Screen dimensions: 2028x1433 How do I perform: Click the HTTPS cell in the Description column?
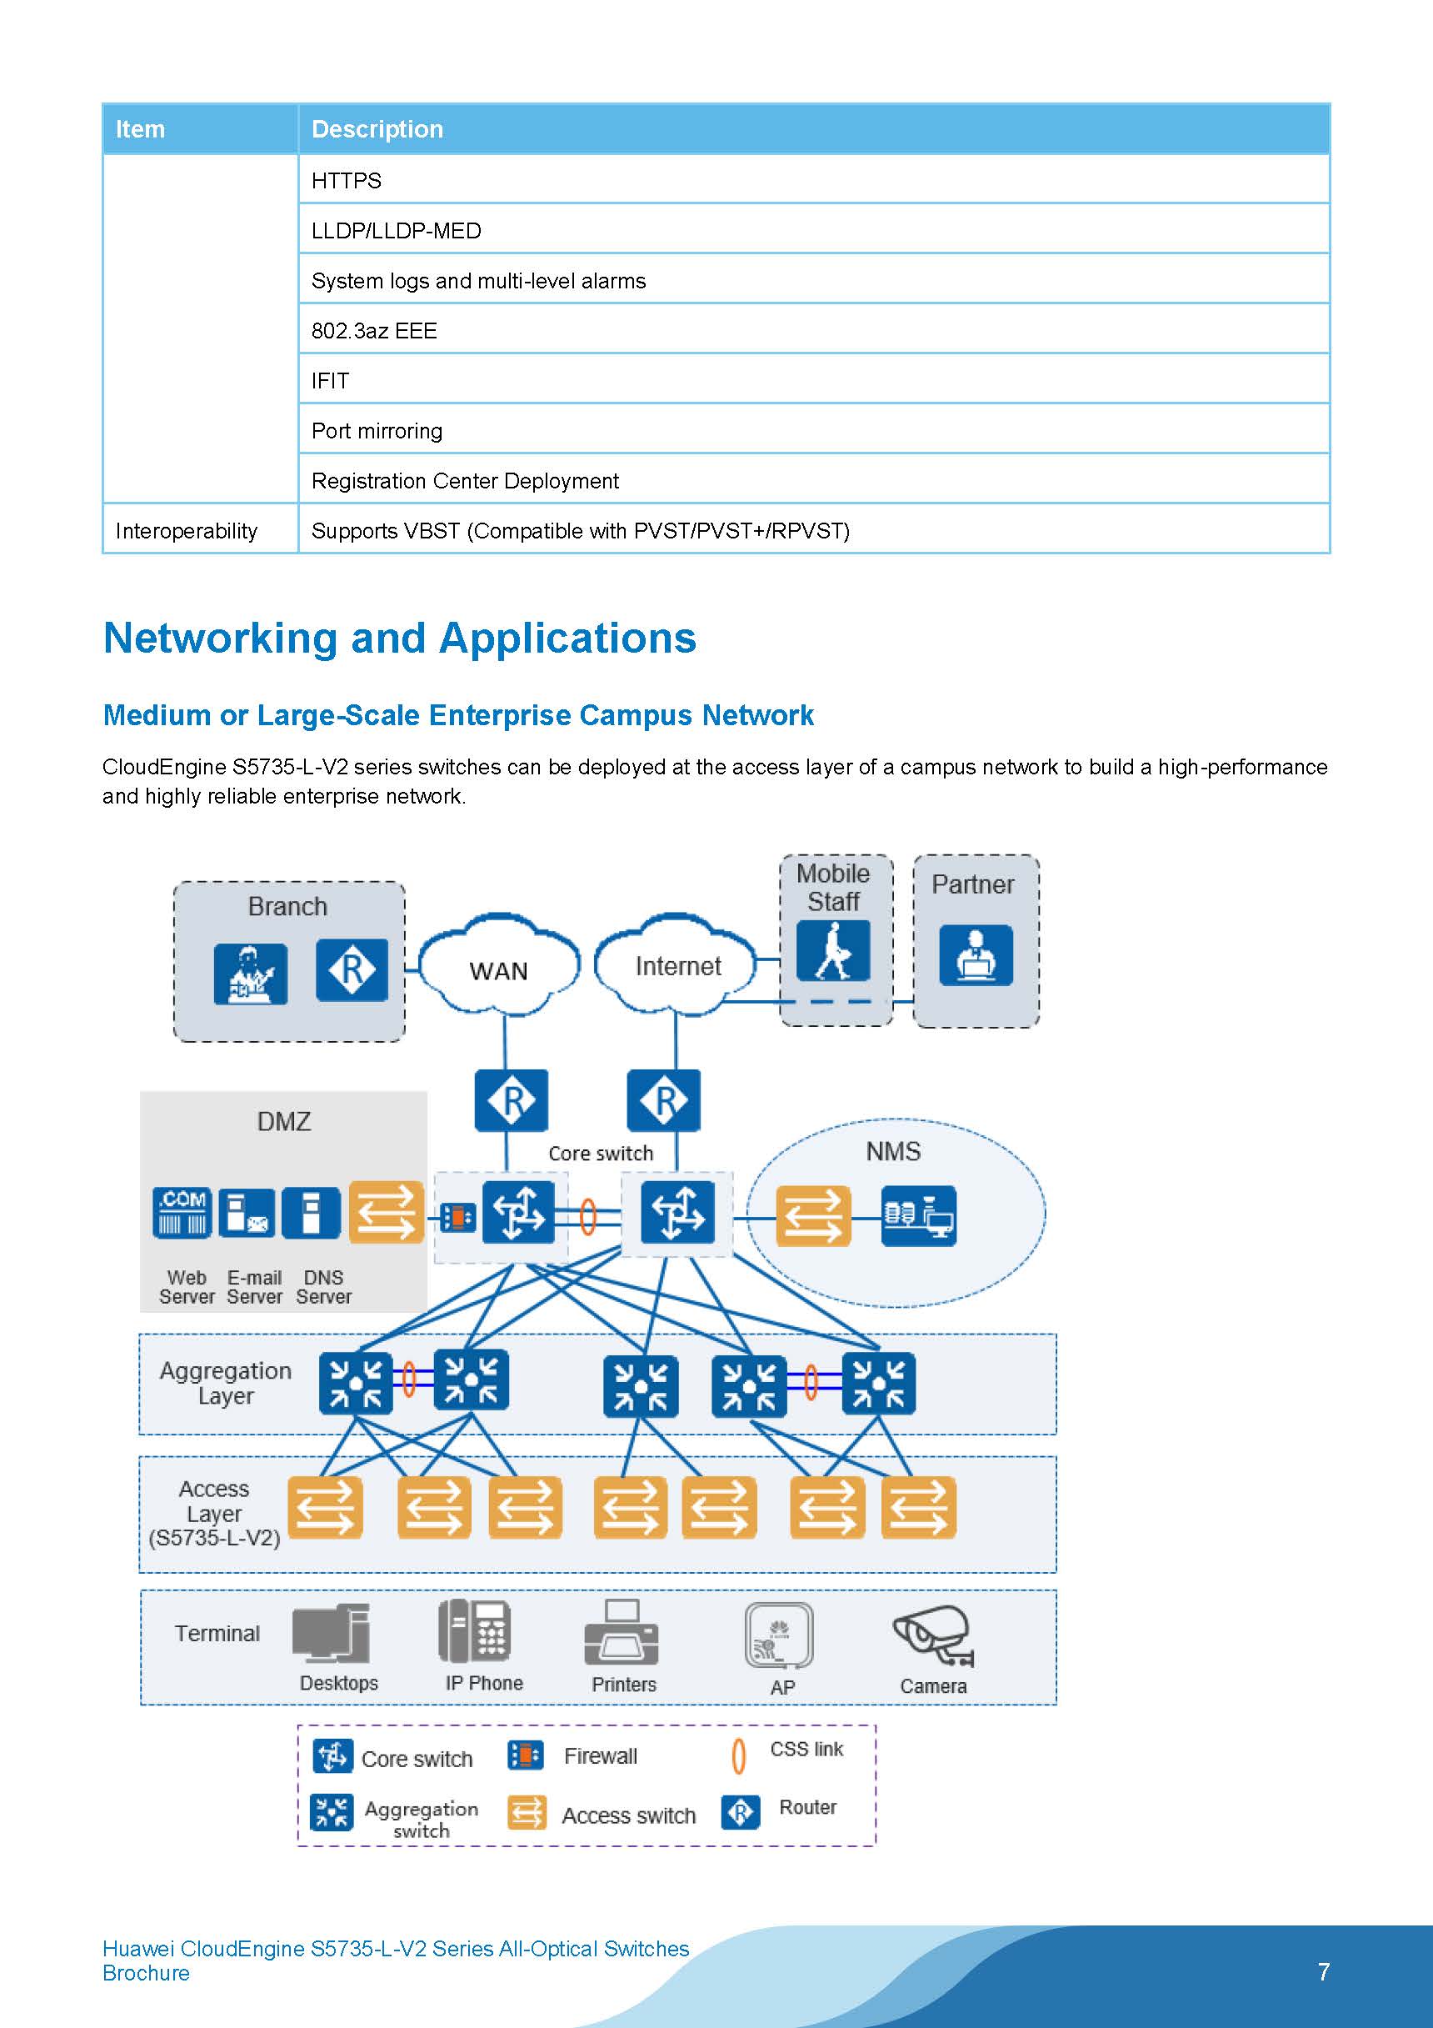[x=346, y=180]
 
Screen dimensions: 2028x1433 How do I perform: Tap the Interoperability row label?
[x=187, y=531]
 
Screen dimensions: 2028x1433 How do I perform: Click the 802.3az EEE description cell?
[x=373, y=331]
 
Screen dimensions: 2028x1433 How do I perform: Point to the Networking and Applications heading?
[x=399, y=638]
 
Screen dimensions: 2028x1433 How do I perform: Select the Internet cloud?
[x=677, y=965]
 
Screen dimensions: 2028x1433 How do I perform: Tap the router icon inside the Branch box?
[x=352, y=970]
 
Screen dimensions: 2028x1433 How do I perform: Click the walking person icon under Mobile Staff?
[x=832, y=950]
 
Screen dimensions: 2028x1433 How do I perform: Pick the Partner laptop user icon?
[x=976, y=955]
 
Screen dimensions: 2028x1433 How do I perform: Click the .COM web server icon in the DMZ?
[x=182, y=1213]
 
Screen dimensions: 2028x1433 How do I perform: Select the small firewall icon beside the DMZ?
[x=457, y=1217]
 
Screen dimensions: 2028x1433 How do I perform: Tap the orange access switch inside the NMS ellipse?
[x=812, y=1216]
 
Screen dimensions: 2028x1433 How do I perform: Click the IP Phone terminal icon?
[x=474, y=1630]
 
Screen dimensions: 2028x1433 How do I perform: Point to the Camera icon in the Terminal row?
[x=932, y=1636]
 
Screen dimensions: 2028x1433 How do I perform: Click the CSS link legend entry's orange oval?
[x=739, y=1756]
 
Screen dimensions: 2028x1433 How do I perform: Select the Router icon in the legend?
[x=740, y=1812]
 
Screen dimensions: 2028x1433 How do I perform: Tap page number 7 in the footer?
[x=1323, y=1971]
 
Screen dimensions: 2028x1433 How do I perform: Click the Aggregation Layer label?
[x=226, y=1382]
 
